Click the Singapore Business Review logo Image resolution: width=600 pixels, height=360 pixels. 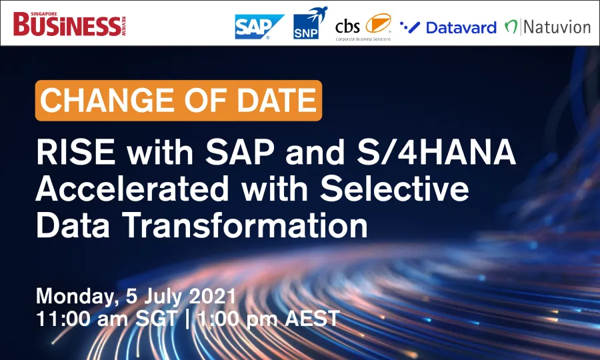[69, 24]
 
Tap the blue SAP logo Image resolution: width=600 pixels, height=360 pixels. [259, 27]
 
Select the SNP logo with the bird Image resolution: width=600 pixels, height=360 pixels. [310, 23]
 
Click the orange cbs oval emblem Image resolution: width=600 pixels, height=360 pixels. [378, 23]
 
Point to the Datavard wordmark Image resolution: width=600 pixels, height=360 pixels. [461, 27]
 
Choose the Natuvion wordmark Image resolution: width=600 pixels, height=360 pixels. [557, 27]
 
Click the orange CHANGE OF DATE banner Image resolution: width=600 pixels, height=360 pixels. [178, 100]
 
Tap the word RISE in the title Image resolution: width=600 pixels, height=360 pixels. [76, 152]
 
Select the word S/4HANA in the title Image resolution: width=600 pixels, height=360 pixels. [436, 152]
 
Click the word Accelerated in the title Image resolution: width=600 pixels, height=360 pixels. [132, 188]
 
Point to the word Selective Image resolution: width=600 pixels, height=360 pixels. [395, 188]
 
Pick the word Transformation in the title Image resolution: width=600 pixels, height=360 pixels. [245, 225]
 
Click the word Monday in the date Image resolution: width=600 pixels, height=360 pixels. [77, 297]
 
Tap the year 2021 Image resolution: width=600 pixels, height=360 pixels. [213, 296]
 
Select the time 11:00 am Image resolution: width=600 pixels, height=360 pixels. [82, 318]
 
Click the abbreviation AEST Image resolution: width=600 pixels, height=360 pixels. [312, 318]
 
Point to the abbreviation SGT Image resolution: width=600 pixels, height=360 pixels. [157, 318]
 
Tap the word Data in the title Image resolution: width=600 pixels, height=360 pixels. [73, 225]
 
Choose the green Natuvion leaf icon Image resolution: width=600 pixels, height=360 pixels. [511, 27]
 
